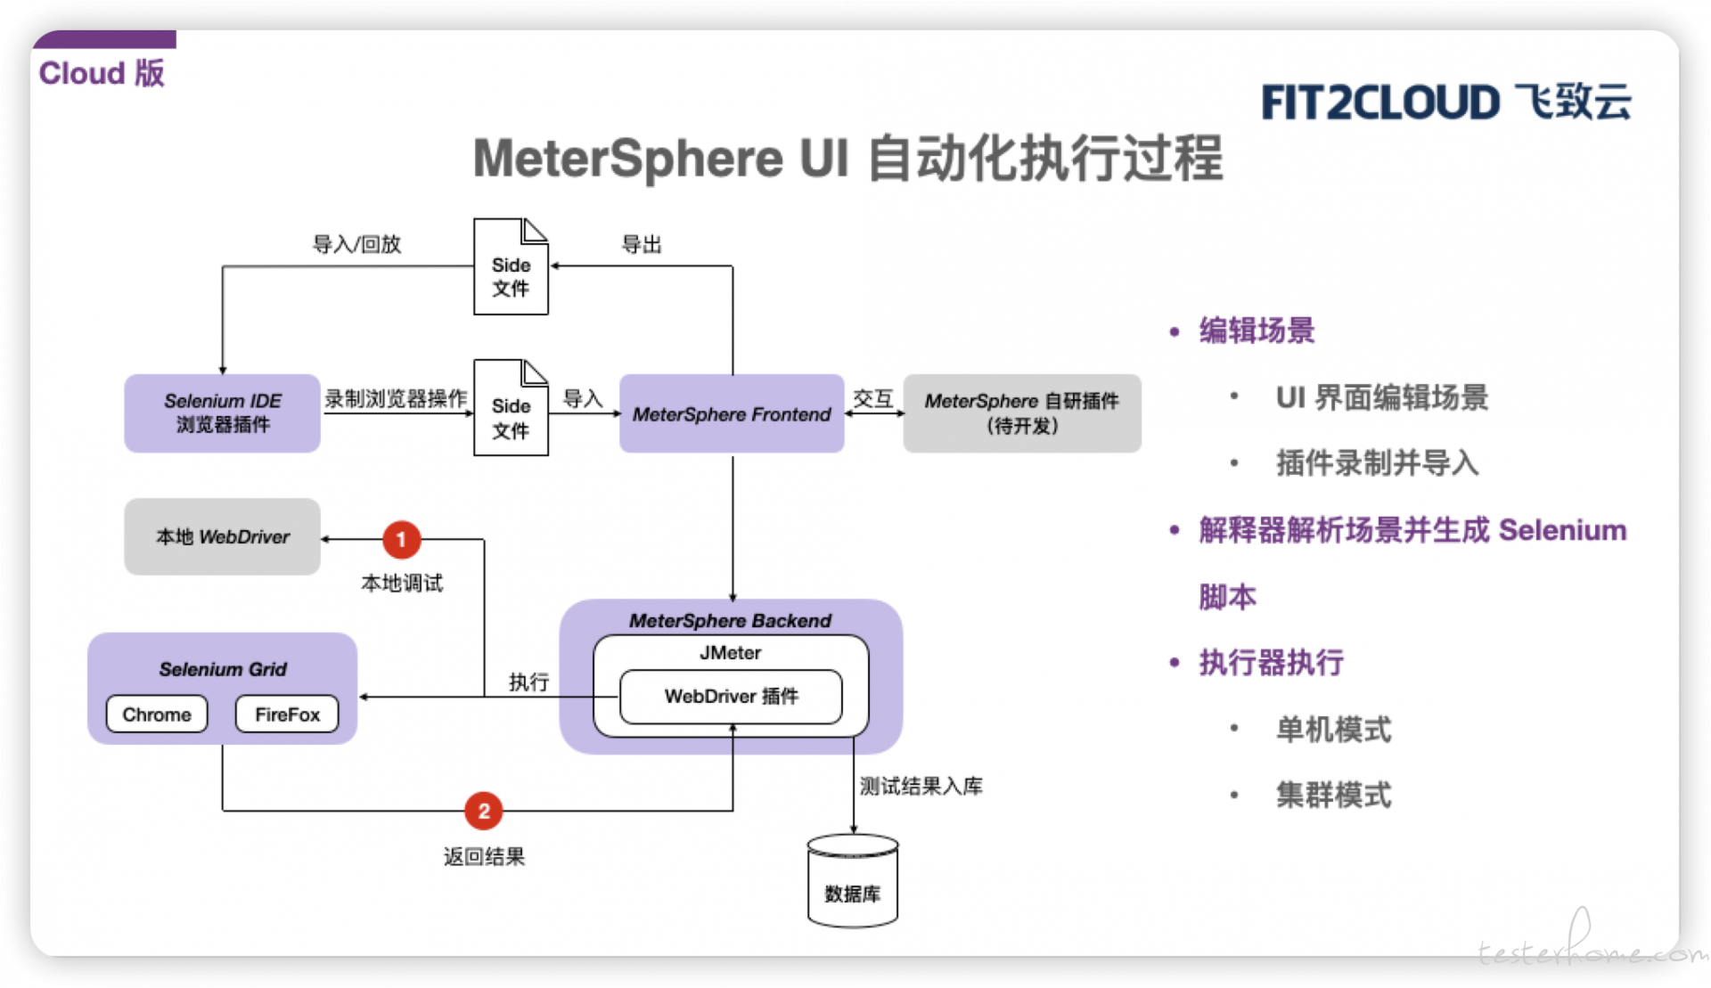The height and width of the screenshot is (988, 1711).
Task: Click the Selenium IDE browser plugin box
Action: [x=222, y=413]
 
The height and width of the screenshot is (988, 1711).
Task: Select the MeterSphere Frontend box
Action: [x=732, y=413]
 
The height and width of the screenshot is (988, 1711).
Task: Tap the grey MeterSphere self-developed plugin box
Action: [x=1022, y=413]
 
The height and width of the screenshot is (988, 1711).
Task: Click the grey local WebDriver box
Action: [x=222, y=536]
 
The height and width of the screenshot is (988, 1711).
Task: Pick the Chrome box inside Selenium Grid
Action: [x=157, y=714]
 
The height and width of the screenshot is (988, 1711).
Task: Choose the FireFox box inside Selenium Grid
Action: [x=287, y=714]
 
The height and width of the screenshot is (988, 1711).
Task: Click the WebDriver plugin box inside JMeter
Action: [x=731, y=697]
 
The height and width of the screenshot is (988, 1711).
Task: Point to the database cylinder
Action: [x=853, y=881]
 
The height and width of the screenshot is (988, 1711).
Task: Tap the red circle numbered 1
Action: [x=401, y=540]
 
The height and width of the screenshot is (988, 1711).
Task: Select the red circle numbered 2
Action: [x=484, y=811]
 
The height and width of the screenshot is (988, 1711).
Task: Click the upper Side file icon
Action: [x=511, y=266]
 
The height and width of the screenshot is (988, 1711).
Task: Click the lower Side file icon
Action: [x=511, y=408]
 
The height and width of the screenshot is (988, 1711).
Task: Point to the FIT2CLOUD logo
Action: [x=1445, y=102]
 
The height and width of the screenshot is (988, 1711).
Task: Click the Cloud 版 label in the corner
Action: [x=102, y=73]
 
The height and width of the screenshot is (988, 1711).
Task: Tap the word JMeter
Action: [x=731, y=653]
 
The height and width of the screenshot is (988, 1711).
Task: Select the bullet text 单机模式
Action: [x=1333, y=730]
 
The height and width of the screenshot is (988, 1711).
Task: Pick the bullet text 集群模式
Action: [x=1333, y=795]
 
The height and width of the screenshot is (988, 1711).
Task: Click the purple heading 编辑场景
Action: [x=1257, y=331]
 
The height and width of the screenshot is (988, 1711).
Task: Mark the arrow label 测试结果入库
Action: [x=921, y=786]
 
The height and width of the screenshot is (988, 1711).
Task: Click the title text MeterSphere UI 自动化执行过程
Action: [x=847, y=159]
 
